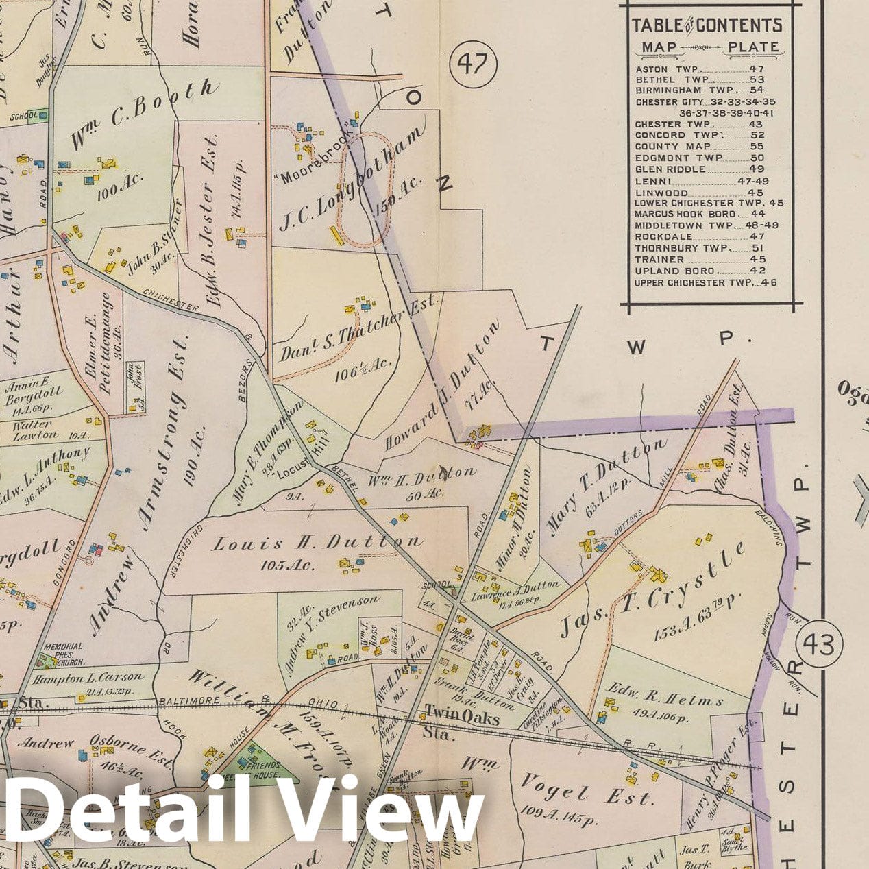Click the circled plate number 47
click(472, 64)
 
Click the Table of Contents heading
click(706, 26)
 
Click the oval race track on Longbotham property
click(364, 189)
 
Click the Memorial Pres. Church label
click(63, 654)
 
